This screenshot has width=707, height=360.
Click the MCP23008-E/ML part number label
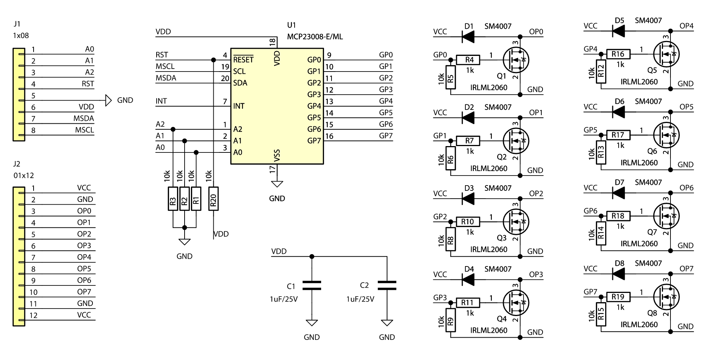click(315, 37)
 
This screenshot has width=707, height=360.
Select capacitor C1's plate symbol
click(312, 285)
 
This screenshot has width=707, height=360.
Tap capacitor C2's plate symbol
click(387, 285)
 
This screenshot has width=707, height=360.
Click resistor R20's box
click(213, 199)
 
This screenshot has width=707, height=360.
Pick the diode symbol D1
click(468, 37)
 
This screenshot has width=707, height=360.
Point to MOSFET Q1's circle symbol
click(516, 60)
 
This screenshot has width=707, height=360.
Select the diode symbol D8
click(619, 274)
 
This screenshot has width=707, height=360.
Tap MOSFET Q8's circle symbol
click(666, 297)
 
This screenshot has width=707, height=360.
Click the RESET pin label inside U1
click(243, 60)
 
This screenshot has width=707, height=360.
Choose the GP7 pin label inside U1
click(314, 141)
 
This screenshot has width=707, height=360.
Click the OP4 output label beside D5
click(686, 26)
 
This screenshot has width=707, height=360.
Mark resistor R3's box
click(173, 199)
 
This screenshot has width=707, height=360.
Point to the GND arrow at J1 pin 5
click(109, 100)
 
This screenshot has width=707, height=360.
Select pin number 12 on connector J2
click(34, 315)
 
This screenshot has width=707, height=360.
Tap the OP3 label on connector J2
click(84, 246)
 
